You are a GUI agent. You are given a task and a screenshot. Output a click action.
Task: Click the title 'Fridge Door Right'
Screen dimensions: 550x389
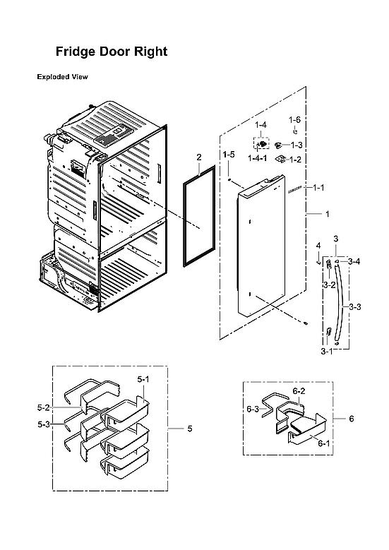click(x=112, y=52)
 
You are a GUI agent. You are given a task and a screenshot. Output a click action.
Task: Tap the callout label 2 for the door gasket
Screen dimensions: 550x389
click(x=199, y=157)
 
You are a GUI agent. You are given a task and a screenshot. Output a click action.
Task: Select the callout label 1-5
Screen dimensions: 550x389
click(x=229, y=155)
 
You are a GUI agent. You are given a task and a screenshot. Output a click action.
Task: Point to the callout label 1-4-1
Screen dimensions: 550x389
click(x=258, y=160)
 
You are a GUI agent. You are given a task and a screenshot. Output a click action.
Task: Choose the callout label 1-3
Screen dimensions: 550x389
click(x=297, y=145)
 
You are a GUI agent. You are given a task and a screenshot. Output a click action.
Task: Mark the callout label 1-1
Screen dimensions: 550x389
click(x=318, y=188)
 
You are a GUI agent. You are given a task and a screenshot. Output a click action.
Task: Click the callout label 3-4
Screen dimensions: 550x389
click(x=354, y=262)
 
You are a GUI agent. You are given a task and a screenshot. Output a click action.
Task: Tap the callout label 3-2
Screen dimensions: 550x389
click(x=328, y=285)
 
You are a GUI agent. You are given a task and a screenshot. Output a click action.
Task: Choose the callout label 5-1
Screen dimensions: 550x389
click(x=143, y=379)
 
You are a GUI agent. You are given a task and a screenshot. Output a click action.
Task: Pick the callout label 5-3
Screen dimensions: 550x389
click(x=44, y=424)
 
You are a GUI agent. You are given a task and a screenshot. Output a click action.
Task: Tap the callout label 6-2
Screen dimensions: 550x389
click(x=299, y=390)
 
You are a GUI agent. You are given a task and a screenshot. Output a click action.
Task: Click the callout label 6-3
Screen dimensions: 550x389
click(x=253, y=409)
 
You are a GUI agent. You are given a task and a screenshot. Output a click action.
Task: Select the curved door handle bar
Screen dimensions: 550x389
click(x=344, y=304)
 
